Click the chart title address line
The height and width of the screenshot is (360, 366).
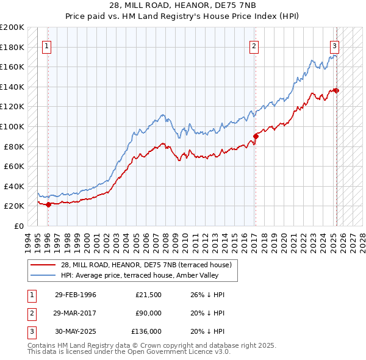click(x=182, y=6)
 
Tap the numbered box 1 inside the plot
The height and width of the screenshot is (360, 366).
click(x=48, y=45)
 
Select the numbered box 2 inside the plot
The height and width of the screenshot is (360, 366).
click(x=254, y=45)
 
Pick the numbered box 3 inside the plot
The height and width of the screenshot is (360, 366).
click(x=335, y=45)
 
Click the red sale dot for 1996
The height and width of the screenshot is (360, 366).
click(x=48, y=204)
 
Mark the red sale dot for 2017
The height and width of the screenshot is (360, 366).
click(x=256, y=136)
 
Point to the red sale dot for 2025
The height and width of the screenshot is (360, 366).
click(x=336, y=91)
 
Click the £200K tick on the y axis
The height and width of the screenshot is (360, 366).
click(x=12, y=27)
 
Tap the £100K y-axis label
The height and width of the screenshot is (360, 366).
click(x=12, y=126)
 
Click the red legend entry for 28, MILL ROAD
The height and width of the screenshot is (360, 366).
click(x=146, y=265)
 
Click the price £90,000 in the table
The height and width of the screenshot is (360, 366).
click(x=149, y=313)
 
